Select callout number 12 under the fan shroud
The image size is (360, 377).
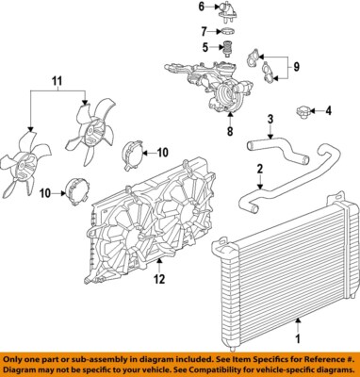click(160, 278)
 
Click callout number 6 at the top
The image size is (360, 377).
click(201, 7)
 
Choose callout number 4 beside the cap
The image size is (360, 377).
click(329, 112)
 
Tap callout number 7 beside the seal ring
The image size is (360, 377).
click(201, 31)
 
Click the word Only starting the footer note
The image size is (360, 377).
click(15, 359)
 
